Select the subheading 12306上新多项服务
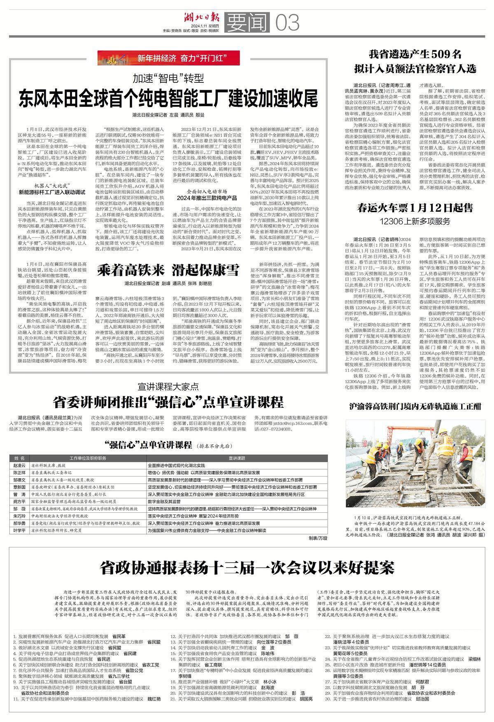tap(415, 221)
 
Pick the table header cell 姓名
tap(19, 458)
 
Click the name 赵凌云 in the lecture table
tap(19, 465)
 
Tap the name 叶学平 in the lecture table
tap(19, 531)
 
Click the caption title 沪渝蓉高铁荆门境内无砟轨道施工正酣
tap(415, 407)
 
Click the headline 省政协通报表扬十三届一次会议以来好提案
tap(247, 568)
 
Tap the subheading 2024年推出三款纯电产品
tap(207, 198)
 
